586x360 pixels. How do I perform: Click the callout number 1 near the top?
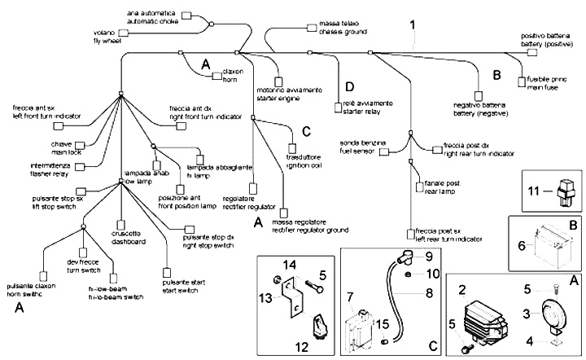[x=413, y=25]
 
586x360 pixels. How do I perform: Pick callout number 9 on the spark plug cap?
[x=430, y=255]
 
